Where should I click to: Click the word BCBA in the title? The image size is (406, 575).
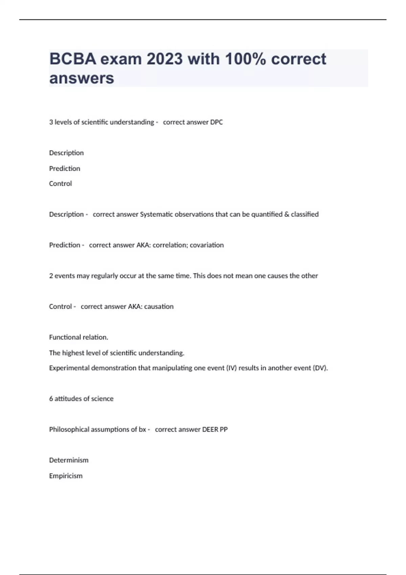(73, 59)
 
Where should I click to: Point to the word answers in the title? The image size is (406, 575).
(82, 78)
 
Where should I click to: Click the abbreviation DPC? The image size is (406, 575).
(216, 122)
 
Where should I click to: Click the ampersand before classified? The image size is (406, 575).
(287, 214)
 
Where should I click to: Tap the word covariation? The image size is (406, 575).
(207, 245)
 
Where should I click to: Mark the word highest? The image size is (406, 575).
(73, 353)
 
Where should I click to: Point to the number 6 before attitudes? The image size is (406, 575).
(51, 399)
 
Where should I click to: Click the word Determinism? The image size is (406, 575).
(69, 460)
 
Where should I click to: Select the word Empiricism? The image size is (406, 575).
(66, 476)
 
